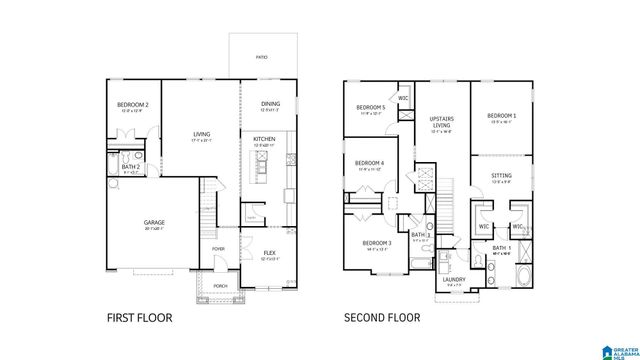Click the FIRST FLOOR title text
click(139, 318)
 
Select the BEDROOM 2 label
click(132, 105)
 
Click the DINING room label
click(270, 103)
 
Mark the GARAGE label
click(153, 223)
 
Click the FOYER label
click(217, 249)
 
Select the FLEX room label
click(269, 253)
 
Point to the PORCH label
click(220, 285)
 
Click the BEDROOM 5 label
click(370, 107)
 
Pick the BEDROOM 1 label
click(502, 116)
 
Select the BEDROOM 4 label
click(369, 163)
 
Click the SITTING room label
click(502, 176)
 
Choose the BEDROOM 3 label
click(376, 243)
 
